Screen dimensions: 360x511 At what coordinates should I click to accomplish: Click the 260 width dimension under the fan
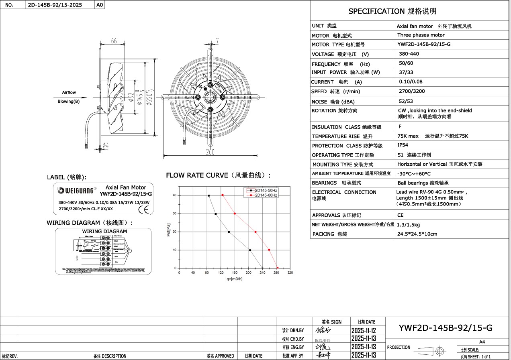[x=210, y=152]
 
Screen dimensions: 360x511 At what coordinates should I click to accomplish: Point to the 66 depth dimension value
[x=114, y=41]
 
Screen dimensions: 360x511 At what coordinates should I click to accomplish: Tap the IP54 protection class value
[x=403, y=145]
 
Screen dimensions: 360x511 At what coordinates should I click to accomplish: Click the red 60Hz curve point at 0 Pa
[x=277, y=268]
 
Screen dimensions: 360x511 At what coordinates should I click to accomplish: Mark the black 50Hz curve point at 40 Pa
[x=208, y=195]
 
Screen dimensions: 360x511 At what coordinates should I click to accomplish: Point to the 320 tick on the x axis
[x=290, y=273]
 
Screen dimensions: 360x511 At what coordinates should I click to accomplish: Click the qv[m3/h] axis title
[x=235, y=279]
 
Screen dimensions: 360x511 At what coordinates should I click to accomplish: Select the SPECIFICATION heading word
[x=376, y=11]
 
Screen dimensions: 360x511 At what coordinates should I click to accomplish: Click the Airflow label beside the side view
[x=69, y=92]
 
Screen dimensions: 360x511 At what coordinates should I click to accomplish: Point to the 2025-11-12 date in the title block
[x=363, y=331]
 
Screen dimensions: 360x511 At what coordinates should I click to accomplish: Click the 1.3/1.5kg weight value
[x=409, y=225]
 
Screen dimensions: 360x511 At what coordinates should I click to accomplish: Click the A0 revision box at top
[x=100, y=5]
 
